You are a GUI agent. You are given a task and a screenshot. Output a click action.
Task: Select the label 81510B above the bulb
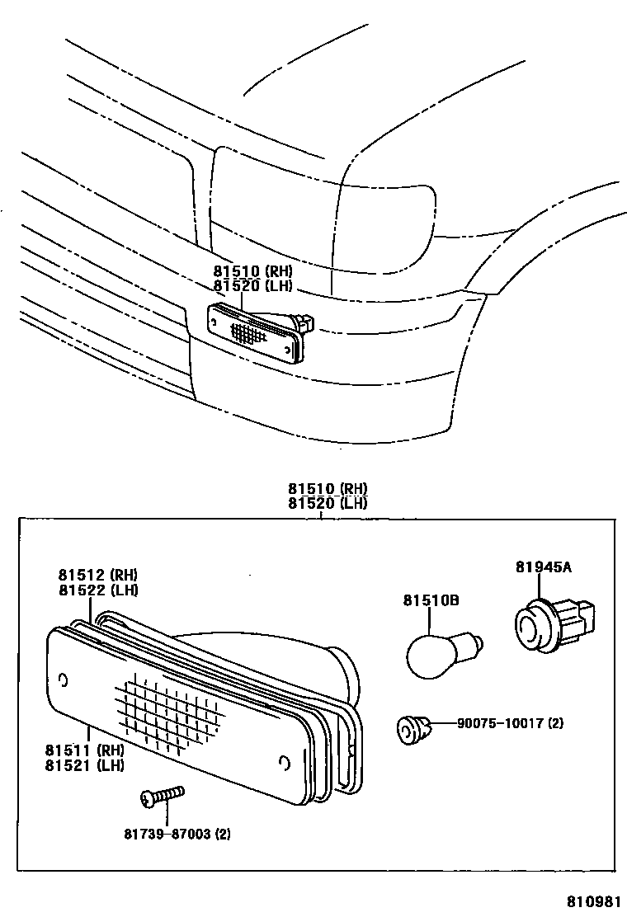[x=431, y=601]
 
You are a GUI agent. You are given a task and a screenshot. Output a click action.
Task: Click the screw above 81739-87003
[x=160, y=796]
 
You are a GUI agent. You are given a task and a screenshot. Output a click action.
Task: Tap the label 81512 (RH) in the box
[x=98, y=575]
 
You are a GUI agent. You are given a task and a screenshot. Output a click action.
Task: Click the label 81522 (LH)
[x=98, y=590]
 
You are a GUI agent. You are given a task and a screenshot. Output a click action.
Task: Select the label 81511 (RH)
[x=86, y=750]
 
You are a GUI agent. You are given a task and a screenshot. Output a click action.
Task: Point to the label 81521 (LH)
[x=86, y=764]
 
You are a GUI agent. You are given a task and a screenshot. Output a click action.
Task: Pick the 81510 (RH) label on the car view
[x=252, y=271]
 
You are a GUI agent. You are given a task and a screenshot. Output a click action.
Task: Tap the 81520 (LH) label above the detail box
[x=328, y=503]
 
